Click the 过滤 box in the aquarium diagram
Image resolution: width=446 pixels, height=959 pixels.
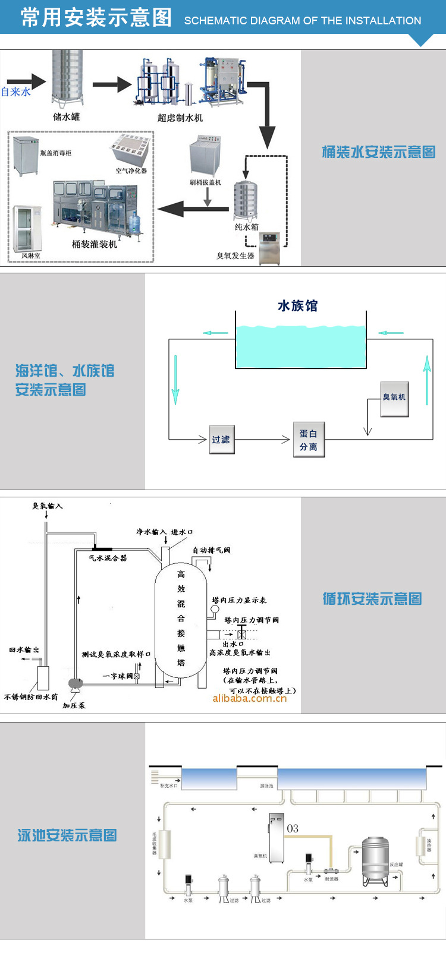pyautogui.click(x=221, y=440)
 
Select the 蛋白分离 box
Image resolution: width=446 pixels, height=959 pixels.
pyautogui.click(x=309, y=440)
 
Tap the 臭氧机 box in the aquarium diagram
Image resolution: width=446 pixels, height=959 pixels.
pyautogui.click(x=394, y=398)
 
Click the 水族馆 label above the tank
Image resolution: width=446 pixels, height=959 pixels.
pyautogui.click(x=298, y=306)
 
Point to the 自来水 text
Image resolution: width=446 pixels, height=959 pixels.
pyautogui.click(x=16, y=92)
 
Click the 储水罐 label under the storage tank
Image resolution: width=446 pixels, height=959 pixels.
pyautogui.click(x=67, y=117)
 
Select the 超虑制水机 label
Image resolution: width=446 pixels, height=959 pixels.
pyautogui.click(x=180, y=118)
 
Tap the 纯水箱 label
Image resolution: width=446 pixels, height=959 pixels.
pyautogui.click(x=247, y=227)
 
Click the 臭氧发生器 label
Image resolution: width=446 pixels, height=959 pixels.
pyautogui.click(x=235, y=256)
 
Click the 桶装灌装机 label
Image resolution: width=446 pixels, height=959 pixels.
pyautogui.click(x=95, y=244)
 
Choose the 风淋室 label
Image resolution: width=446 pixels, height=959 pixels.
pyautogui.click(x=31, y=256)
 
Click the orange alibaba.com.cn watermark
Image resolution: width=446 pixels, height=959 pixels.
pyautogui.click(x=250, y=699)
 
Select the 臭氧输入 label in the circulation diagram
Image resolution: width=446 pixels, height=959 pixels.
pyautogui.click(x=48, y=506)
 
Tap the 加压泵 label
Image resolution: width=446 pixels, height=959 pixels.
pyautogui.click(x=74, y=705)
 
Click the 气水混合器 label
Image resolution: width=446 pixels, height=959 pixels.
pyautogui.click(x=108, y=558)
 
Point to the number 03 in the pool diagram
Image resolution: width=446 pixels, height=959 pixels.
pyautogui.click(x=293, y=828)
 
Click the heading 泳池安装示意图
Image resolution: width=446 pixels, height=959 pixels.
pyautogui.click(x=67, y=835)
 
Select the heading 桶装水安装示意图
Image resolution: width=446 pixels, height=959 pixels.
pyautogui.click(x=379, y=152)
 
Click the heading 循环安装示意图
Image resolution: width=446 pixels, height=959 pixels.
pyautogui.click(x=372, y=599)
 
